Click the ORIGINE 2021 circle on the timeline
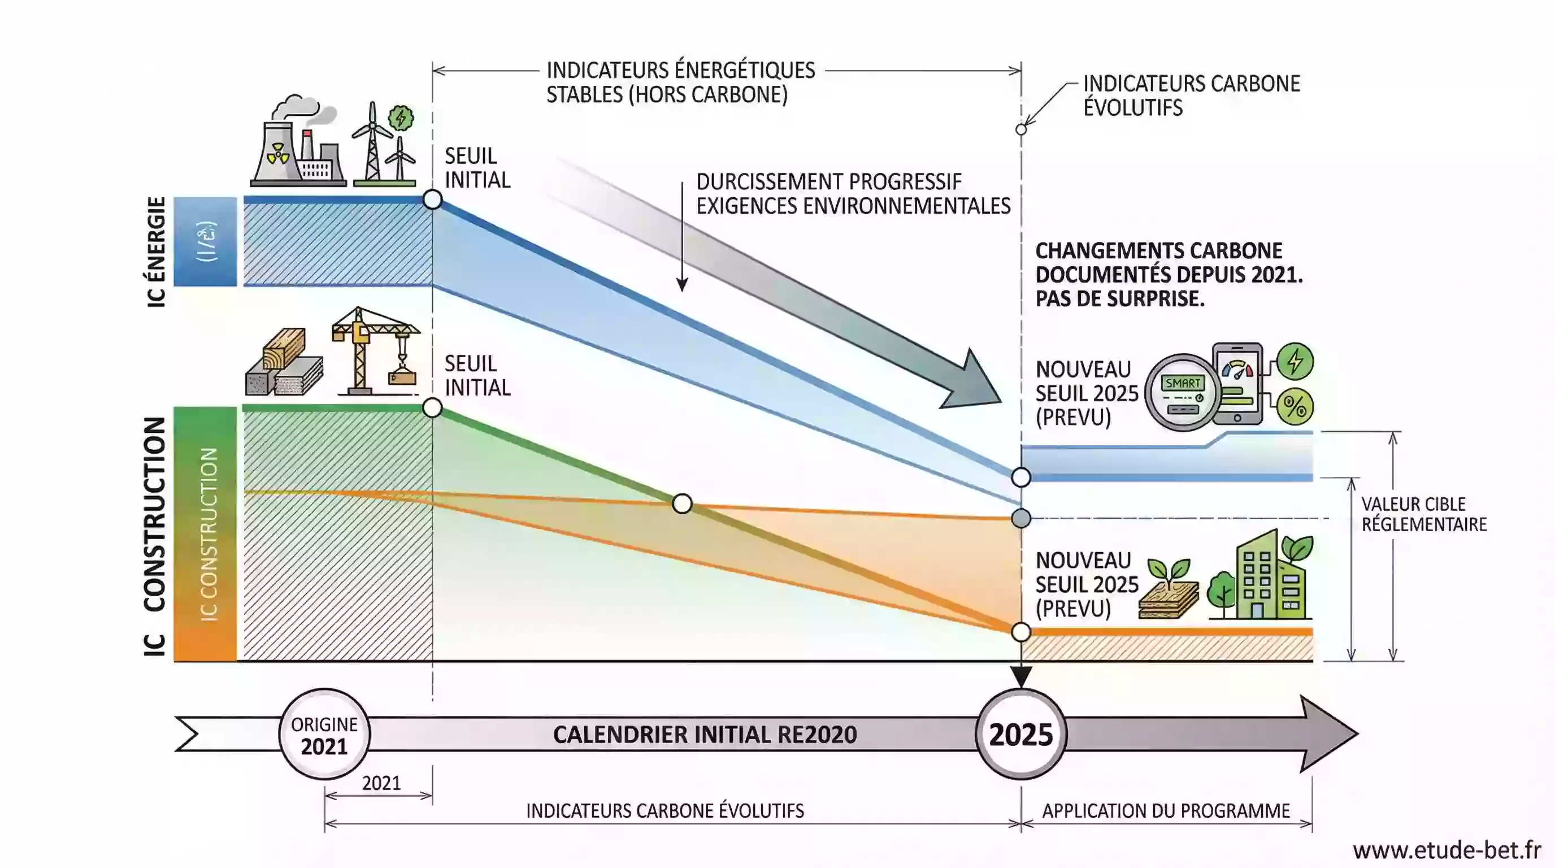pyautogui.click(x=324, y=734)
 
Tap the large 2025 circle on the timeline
pyautogui.click(x=1021, y=734)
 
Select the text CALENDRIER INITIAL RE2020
pyautogui.click(x=705, y=735)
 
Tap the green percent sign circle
pyautogui.click(x=1295, y=407)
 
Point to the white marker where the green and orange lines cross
pyautogui.click(x=681, y=504)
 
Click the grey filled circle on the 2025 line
pyautogui.click(x=1021, y=518)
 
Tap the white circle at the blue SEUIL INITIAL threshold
pyautogui.click(x=432, y=199)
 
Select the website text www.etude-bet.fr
pyautogui.click(x=1447, y=850)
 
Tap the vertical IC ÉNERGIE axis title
pyautogui.click(x=156, y=251)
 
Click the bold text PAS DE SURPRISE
pyautogui.click(x=1120, y=299)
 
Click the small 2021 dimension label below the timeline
pyautogui.click(x=381, y=783)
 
